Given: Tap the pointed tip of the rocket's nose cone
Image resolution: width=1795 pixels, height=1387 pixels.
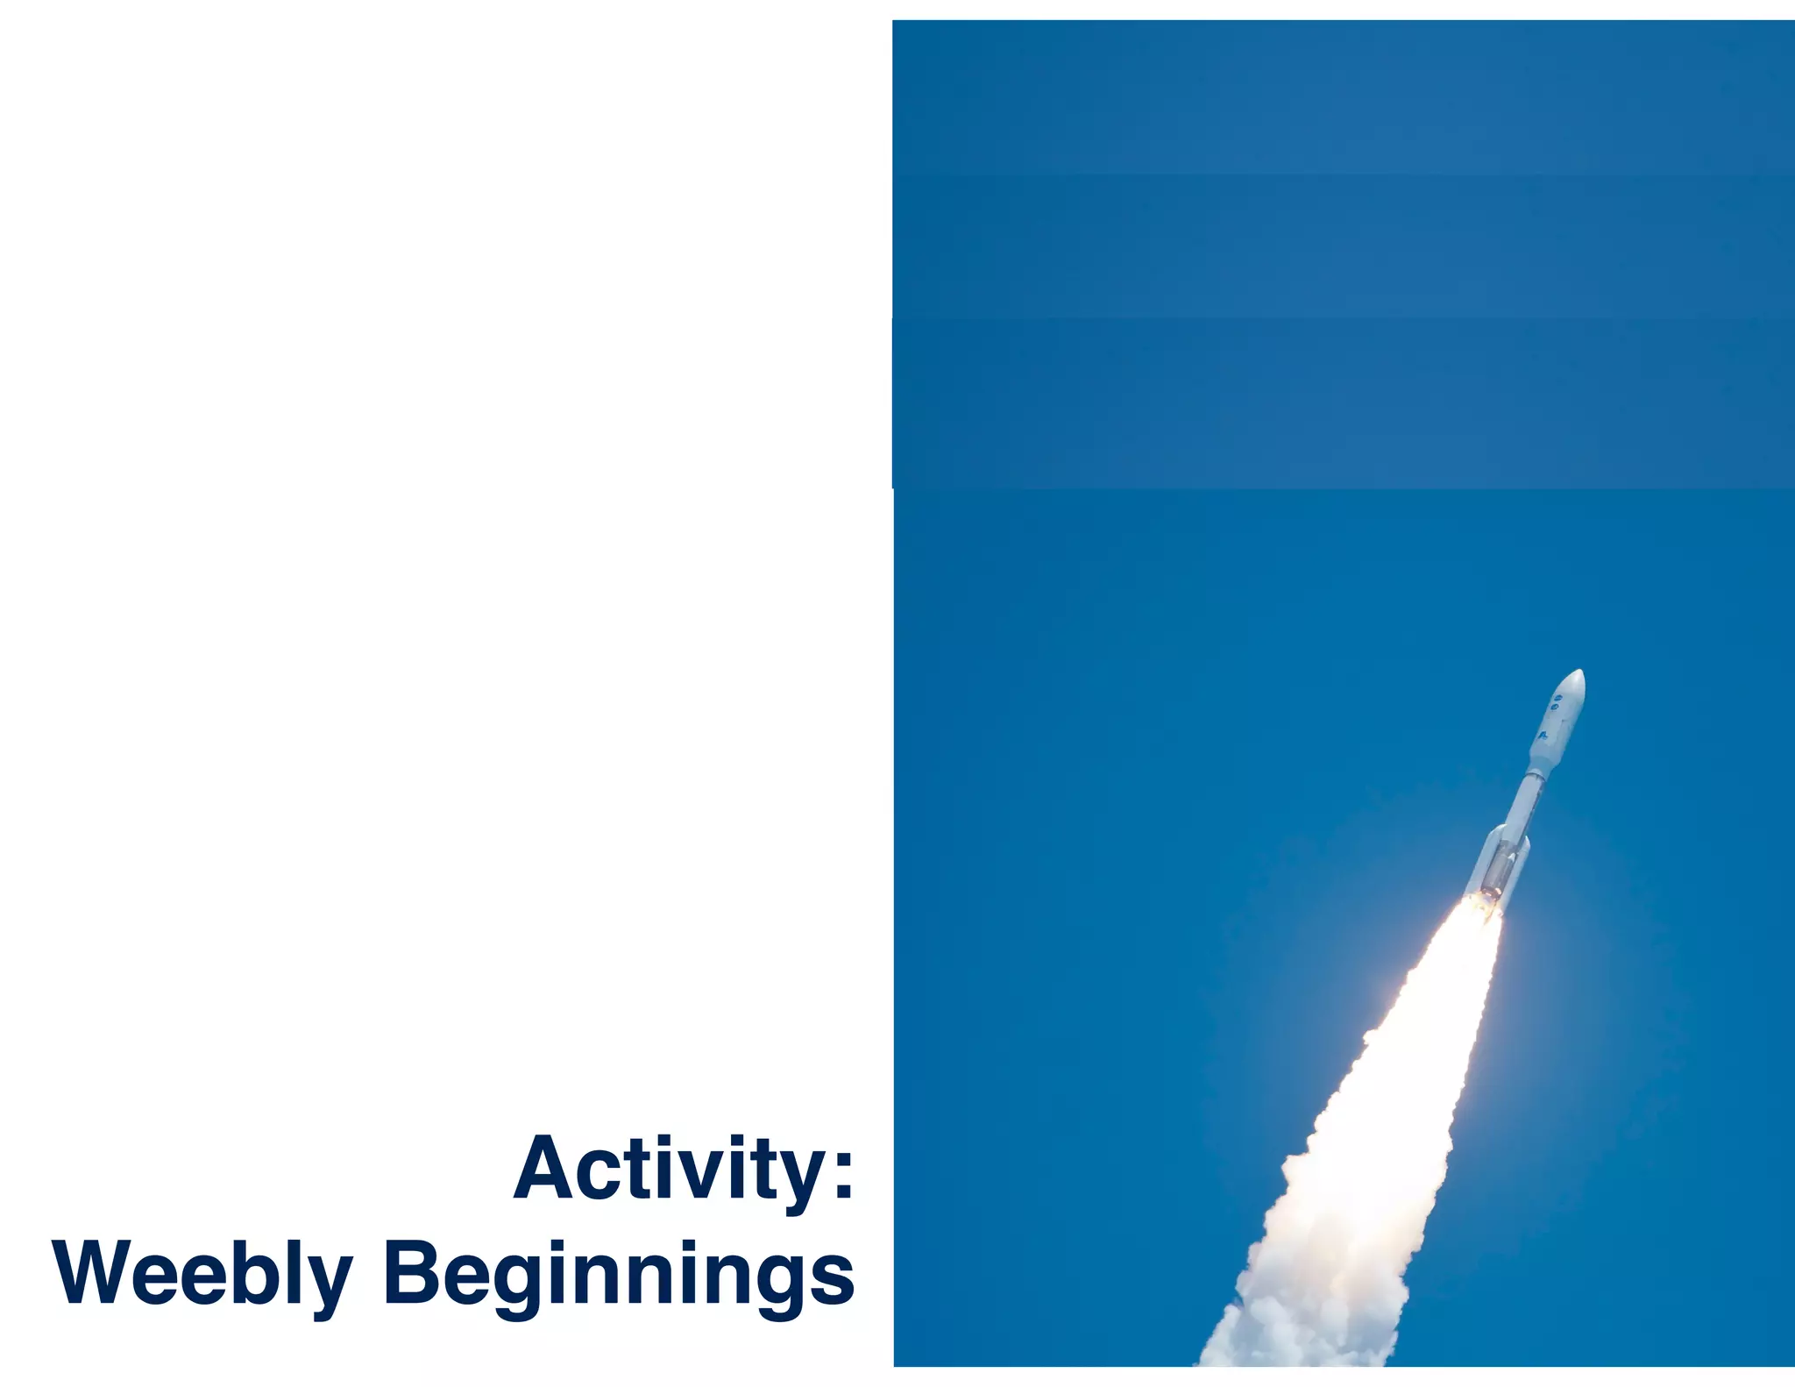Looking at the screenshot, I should [1581, 672].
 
